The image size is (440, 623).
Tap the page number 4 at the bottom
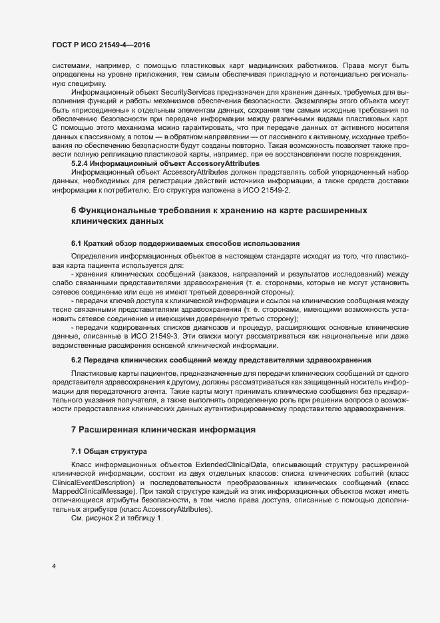click(x=54, y=567)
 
